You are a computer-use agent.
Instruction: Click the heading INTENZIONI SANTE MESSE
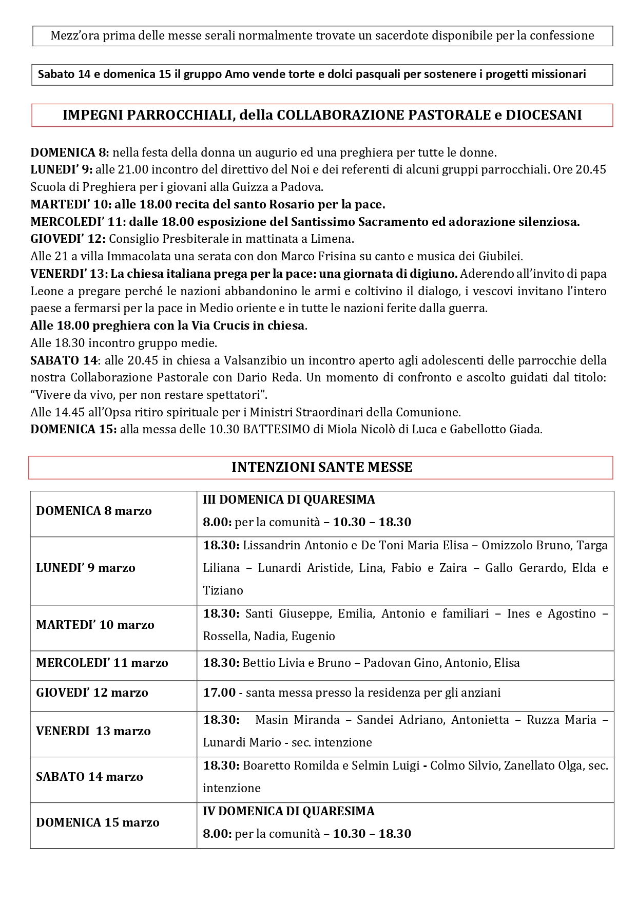[322, 467]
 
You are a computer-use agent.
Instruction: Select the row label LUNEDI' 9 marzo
[86, 568]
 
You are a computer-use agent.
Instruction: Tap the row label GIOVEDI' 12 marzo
[92, 693]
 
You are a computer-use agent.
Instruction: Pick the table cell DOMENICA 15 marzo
[98, 822]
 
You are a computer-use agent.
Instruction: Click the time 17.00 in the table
[219, 693]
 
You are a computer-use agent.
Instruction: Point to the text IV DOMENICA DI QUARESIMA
[288, 811]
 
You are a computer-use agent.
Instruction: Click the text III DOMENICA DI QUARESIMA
[289, 500]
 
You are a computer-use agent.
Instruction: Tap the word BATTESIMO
[276, 429]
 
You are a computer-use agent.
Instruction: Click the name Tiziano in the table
[223, 590]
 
